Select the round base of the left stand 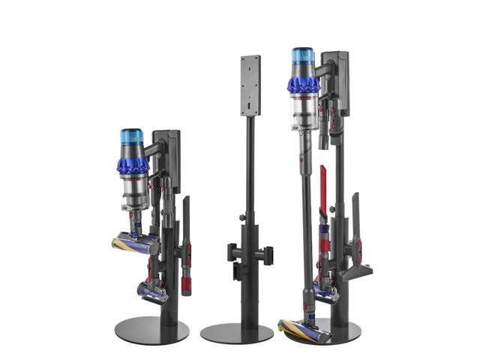pyautogui.click(x=151, y=328)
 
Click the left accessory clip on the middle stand pyautogui.click(x=233, y=251)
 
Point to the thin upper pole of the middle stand pyautogui.click(x=250, y=165)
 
